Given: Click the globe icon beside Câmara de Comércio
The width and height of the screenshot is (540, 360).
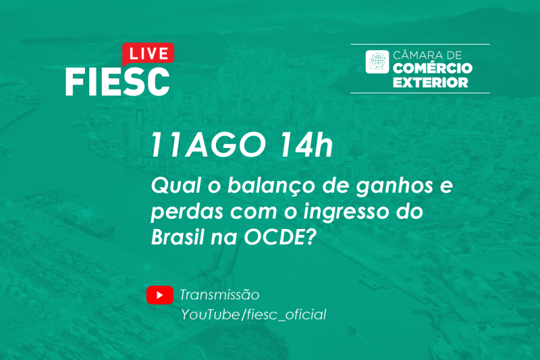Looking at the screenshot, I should pos(377,61).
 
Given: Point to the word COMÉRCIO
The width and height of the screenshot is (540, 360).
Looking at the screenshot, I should pos(433,69).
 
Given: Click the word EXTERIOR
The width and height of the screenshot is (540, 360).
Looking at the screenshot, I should pos(430,82).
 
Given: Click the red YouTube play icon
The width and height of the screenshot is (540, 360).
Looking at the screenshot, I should pos(160,295).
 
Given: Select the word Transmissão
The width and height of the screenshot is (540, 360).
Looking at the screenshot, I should pos(219,295).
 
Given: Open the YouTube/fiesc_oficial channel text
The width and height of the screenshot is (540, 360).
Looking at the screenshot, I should pos(253,315).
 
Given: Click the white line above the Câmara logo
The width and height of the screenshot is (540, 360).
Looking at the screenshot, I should pos(420,45).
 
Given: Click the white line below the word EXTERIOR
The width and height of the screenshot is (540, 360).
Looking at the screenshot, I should pos(420,93).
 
